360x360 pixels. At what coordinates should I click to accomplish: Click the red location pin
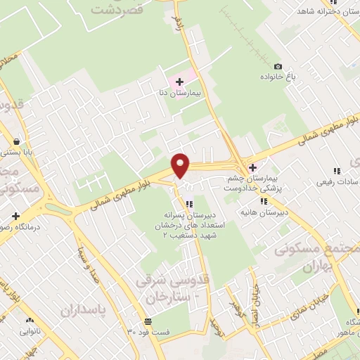point(181,165)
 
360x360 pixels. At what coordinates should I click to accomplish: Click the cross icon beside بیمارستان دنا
point(180,82)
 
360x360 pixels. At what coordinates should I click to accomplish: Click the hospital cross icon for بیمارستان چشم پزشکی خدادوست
point(252,167)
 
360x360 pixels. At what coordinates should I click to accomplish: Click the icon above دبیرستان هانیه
point(264,201)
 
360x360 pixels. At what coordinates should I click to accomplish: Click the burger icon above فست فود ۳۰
point(146,321)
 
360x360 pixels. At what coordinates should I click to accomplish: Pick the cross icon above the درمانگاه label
point(15,214)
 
